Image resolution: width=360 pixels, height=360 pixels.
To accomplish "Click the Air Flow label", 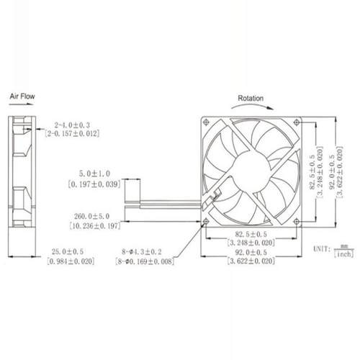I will pyautogui.click(x=21, y=94).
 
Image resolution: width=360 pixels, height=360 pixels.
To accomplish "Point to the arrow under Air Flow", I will pyautogui.click(x=22, y=104).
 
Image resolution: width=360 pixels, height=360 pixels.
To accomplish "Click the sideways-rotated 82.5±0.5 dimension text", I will pyautogui.click(x=310, y=170).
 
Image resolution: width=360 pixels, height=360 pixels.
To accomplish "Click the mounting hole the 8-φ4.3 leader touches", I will pyautogui.click(x=207, y=221).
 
